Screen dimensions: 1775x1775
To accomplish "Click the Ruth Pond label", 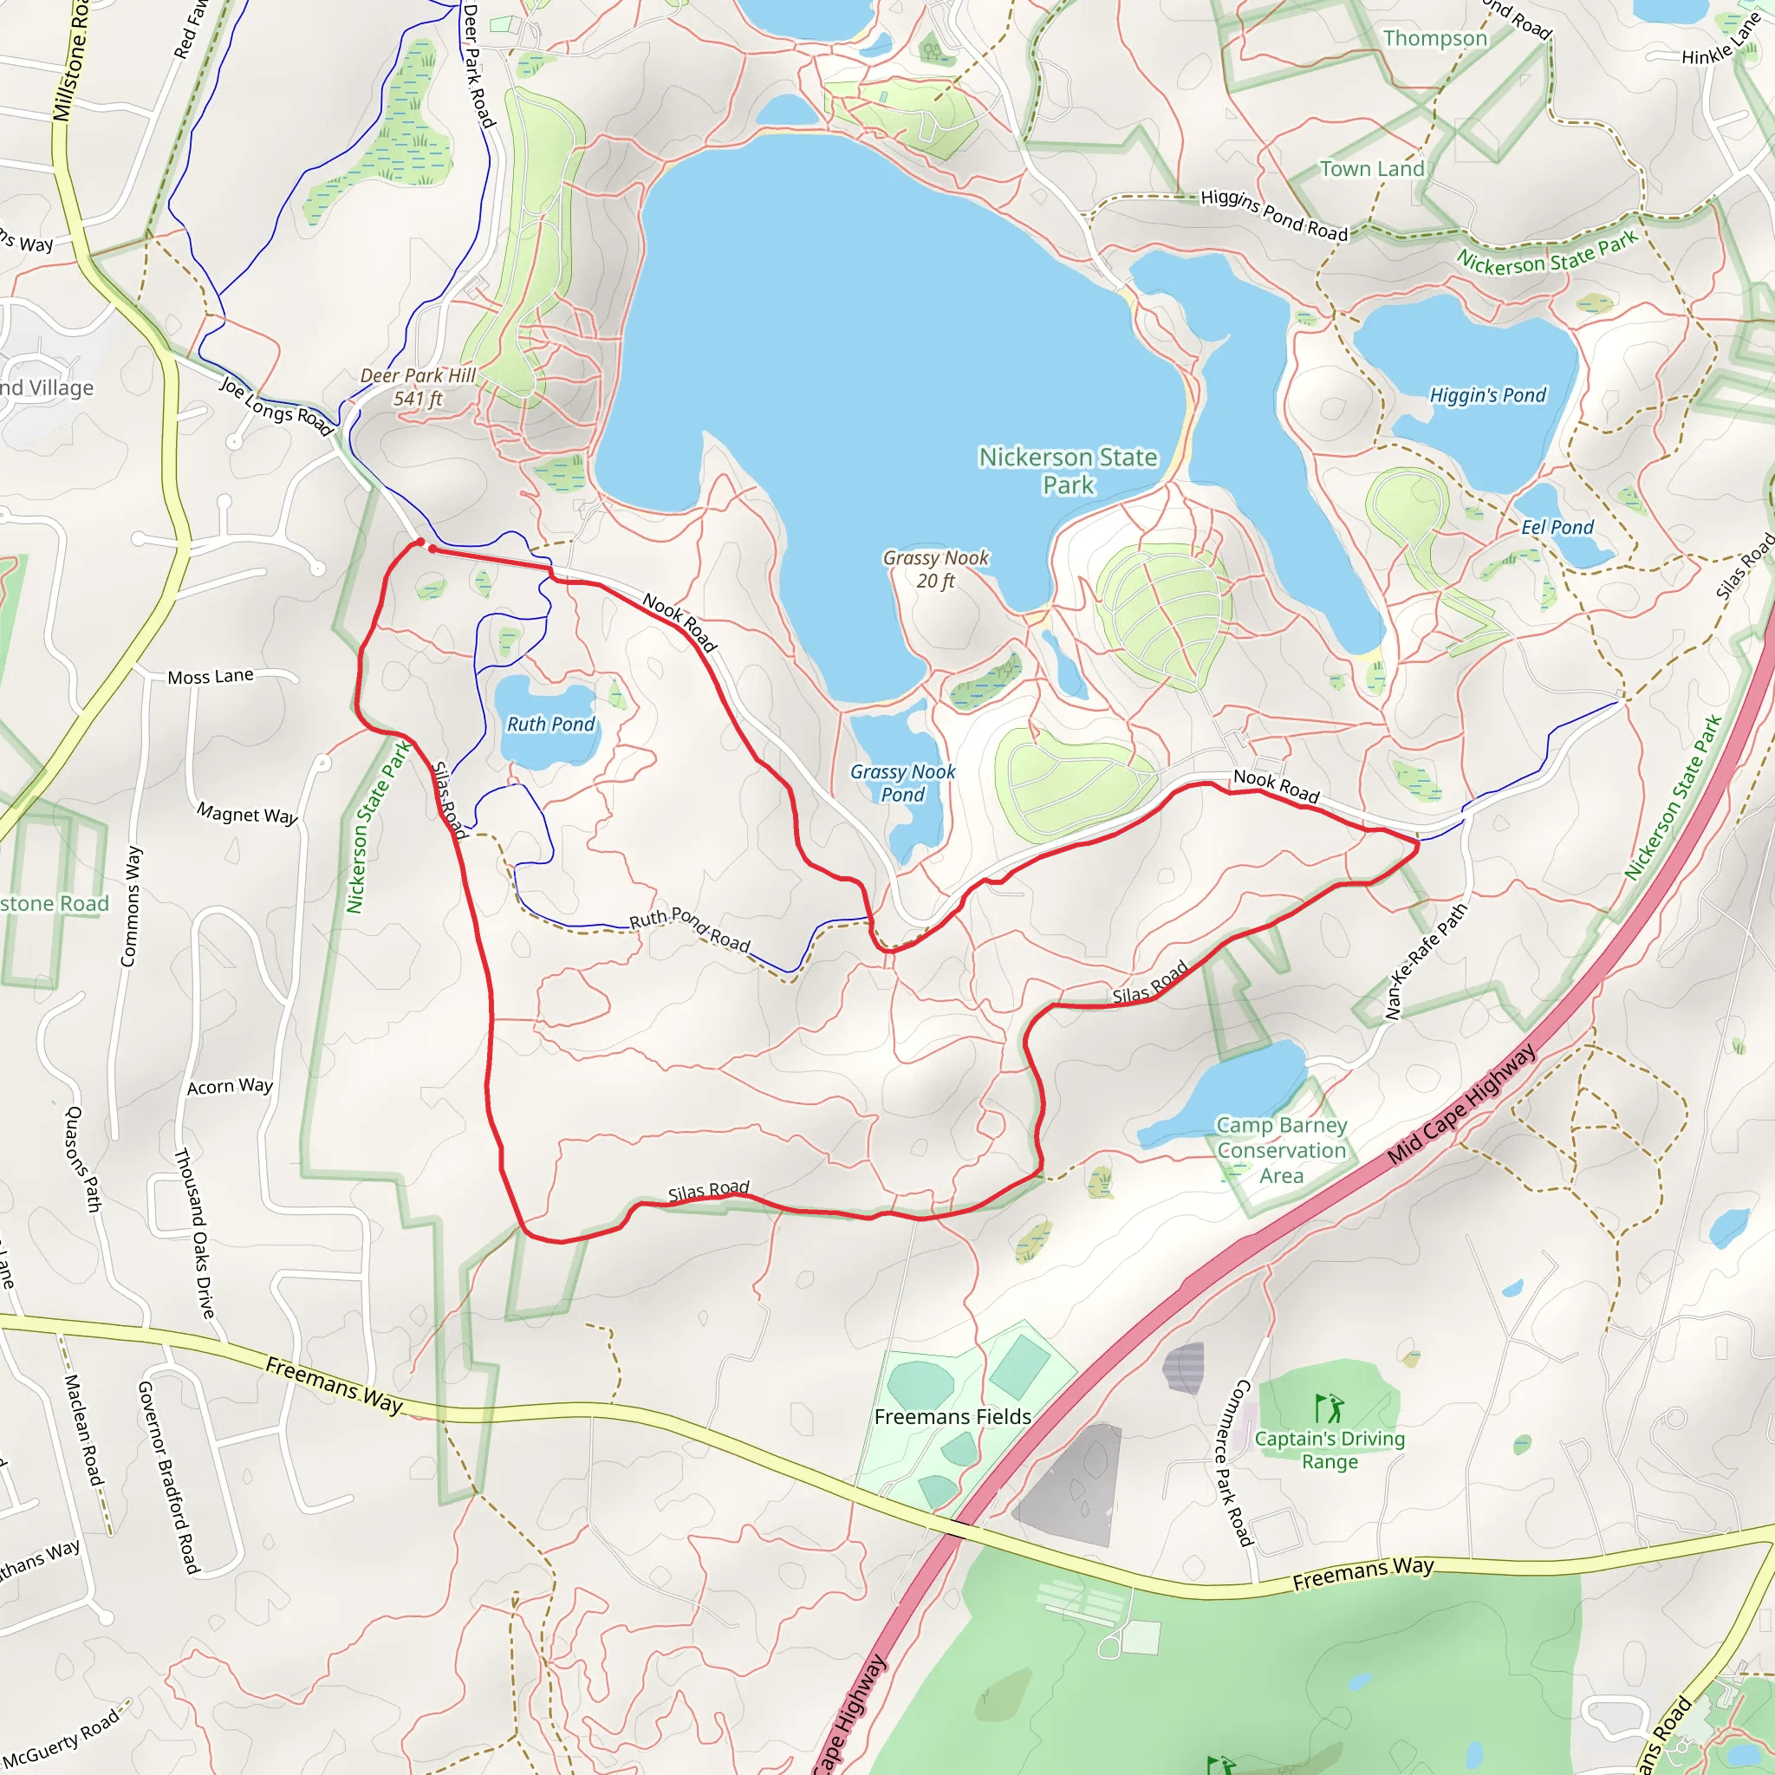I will pos(550,724).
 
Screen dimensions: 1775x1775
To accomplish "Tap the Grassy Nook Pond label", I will pos(902,783).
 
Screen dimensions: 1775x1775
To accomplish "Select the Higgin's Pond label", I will pos(1487,395).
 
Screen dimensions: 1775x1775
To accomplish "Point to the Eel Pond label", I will pos(1557,527).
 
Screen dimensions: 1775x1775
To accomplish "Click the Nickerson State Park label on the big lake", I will pos(1068,471).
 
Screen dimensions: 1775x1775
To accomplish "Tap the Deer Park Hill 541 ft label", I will pos(418,387).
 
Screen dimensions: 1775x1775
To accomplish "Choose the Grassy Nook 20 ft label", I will pos(935,569).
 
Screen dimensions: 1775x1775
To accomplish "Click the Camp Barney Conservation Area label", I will pos(1281,1150).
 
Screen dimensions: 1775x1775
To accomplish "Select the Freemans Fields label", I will pos(952,1417).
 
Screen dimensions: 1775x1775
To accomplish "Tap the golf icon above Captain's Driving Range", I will pos(1329,1408).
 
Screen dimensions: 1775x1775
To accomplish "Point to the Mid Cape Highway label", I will pos(1460,1104).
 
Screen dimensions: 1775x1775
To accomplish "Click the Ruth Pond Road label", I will pos(689,929).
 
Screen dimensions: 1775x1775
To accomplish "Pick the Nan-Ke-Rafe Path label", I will pos(1426,961).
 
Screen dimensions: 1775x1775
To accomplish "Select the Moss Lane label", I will pos(211,676).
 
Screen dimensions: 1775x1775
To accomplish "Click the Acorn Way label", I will pos(230,1086).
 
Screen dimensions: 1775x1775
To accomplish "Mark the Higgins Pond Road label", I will pos(1273,215).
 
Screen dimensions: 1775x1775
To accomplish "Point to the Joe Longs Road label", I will pos(276,405).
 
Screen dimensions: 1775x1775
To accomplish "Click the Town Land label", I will pos(1372,169).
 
